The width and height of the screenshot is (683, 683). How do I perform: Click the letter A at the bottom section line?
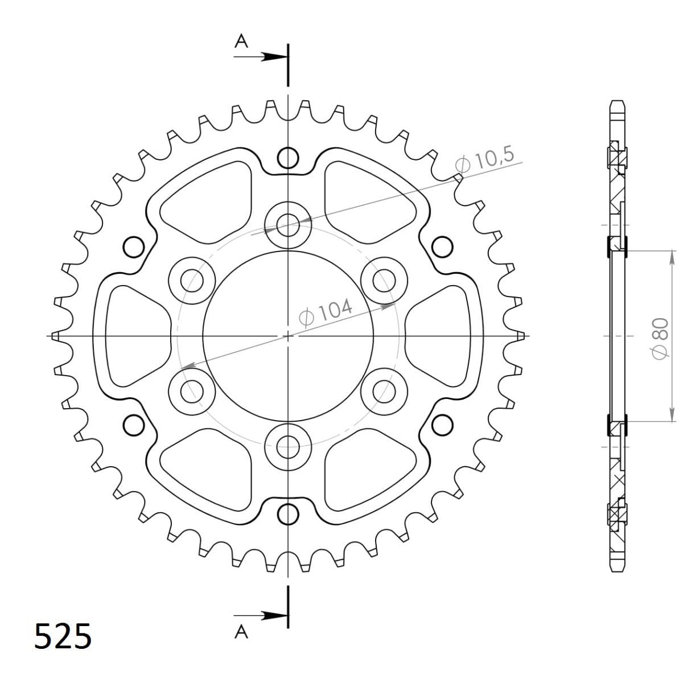coord(242,632)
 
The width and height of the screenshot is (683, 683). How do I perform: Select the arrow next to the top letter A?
coord(273,56)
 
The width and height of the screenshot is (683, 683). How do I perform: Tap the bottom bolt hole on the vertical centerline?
coord(289,447)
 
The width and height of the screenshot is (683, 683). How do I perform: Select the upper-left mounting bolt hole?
coord(192,279)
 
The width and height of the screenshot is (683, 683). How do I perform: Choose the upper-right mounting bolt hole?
coord(385,279)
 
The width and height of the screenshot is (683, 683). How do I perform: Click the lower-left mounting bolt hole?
coord(192,391)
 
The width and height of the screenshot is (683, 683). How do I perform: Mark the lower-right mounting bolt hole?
coord(385,391)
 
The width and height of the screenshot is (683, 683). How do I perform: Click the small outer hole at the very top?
coord(289,158)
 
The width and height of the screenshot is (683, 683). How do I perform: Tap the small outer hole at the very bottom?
coord(289,514)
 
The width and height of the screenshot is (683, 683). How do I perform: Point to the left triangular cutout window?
coord(137,336)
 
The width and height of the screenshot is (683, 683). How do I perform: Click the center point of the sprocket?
coord(289,336)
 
